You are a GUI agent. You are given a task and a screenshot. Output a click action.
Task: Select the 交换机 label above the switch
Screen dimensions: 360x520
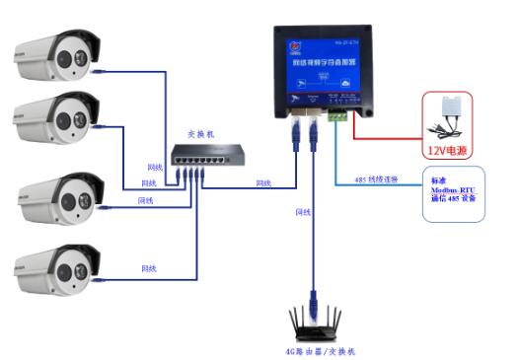pyautogui.click(x=201, y=133)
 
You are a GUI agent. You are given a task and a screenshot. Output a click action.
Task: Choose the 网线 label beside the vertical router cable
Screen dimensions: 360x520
pyautogui.click(x=303, y=211)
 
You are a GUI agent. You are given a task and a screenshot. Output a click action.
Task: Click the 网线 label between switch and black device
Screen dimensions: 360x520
pyautogui.click(x=263, y=182)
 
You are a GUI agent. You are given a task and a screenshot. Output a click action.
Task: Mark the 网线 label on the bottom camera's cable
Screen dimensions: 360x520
pyautogui.click(x=149, y=267)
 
